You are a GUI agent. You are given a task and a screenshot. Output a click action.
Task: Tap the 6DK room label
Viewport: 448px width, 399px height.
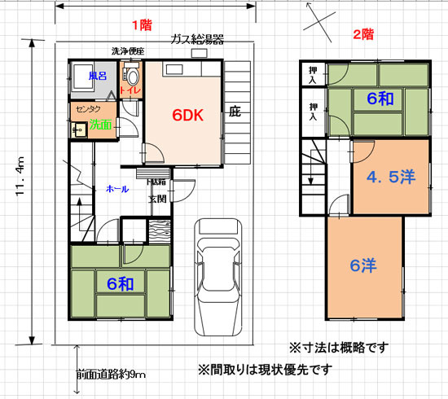[187, 116]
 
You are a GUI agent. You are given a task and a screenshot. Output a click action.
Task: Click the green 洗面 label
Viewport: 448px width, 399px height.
[101, 125]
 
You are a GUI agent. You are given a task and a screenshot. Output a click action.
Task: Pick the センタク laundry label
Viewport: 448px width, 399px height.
[88, 107]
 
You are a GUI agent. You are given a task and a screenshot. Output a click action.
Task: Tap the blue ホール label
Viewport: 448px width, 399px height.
[116, 189]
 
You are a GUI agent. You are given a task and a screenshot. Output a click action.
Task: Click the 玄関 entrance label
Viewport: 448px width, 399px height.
[157, 198]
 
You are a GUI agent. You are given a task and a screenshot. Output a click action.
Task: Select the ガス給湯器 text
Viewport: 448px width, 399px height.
[197, 39]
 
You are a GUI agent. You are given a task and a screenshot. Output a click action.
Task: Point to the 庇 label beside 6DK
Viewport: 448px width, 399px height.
[235, 111]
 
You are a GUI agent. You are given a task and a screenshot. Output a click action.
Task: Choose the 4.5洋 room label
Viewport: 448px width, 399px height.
[389, 177]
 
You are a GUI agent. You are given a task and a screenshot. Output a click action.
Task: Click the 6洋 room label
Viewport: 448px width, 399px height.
[362, 267]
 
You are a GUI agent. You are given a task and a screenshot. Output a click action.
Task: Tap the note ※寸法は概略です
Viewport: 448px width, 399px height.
[335, 346]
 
